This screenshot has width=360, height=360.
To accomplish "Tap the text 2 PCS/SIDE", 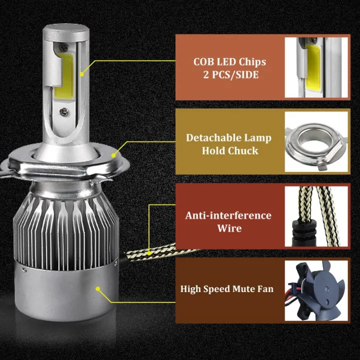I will tap(229, 75).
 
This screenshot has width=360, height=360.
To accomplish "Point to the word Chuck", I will tap(244, 150).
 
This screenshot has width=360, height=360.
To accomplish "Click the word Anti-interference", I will tap(228, 215).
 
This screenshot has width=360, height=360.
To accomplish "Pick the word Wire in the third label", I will tap(229, 228).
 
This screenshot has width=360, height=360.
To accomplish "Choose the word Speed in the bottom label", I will tap(218, 289).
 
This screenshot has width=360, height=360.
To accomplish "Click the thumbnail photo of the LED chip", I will tap(316, 67).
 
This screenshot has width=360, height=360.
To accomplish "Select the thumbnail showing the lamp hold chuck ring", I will tap(316, 142).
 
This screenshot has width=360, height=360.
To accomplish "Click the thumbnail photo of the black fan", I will tap(316, 290).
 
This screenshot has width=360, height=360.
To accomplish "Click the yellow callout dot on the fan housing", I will tap(98, 288).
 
